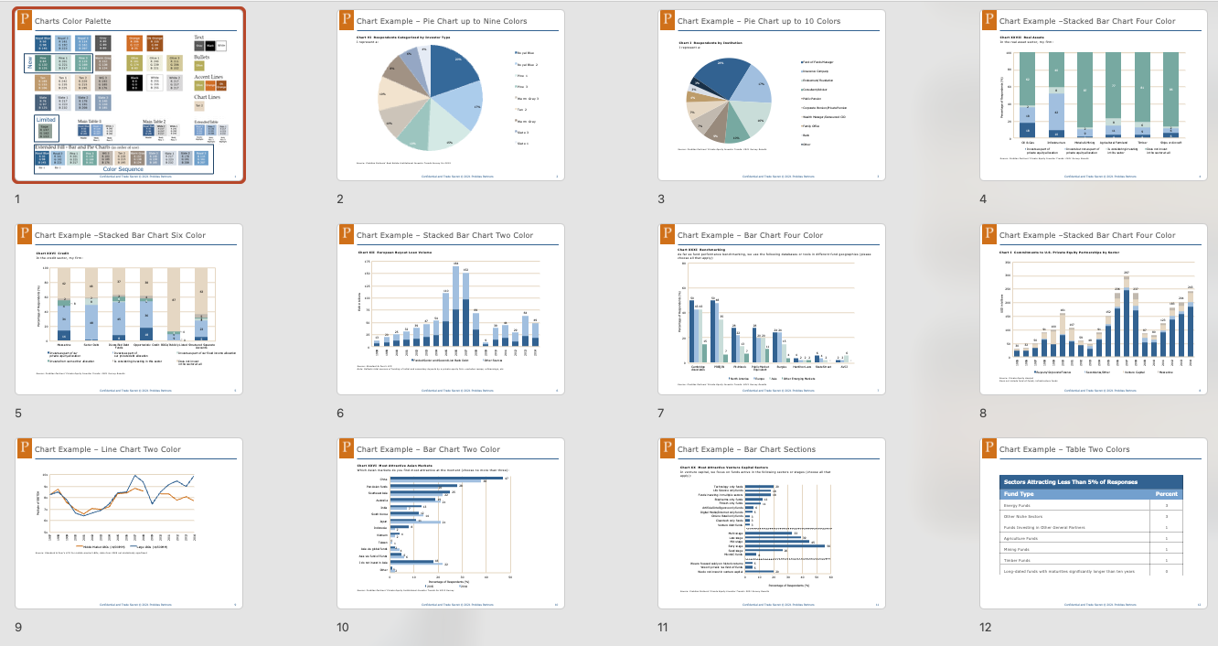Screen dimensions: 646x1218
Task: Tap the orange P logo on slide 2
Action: pyautogui.click(x=346, y=19)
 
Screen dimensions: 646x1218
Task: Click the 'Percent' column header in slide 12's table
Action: pyautogui.click(x=1165, y=494)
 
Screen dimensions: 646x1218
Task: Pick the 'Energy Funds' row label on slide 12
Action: pyautogui.click(x=1017, y=505)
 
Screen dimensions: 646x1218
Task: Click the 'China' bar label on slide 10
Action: pyautogui.click(x=384, y=478)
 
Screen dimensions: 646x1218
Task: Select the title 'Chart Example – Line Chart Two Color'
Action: pyautogui.click(x=108, y=449)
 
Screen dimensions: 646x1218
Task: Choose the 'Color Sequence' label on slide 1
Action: pyautogui.click(x=123, y=169)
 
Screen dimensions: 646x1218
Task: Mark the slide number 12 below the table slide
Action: pyautogui.click(x=988, y=627)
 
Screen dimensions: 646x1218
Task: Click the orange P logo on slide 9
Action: pyautogui.click(x=24, y=447)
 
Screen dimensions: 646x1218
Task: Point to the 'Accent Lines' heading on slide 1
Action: pyautogui.click(x=210, y=77)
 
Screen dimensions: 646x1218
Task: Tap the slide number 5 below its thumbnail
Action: pyautogui.click(x=18, y=413)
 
